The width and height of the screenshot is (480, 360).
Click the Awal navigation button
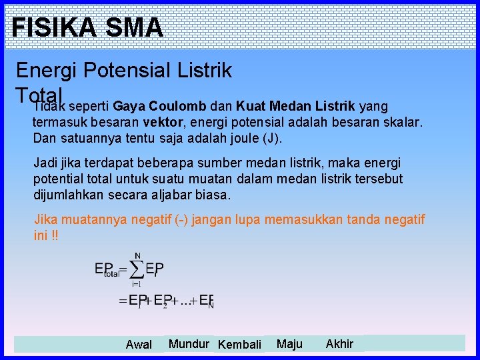coord(139,345)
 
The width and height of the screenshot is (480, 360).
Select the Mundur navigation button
coord(189,344)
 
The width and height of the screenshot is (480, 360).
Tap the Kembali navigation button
coord(240,345)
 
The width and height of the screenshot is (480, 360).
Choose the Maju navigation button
coord(289,344)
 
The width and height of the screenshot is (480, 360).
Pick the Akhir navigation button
coord(339,344)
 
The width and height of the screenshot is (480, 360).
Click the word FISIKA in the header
coord(50,27)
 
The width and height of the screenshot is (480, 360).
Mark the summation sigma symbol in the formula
coord(137,269)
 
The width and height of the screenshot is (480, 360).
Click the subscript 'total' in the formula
coord(111,273)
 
